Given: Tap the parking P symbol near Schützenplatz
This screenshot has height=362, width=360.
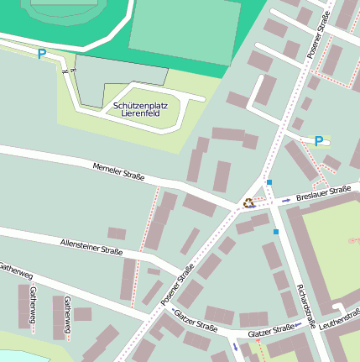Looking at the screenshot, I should [x=41, y=55].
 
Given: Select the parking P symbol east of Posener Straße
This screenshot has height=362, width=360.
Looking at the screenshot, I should [x=318, y=141].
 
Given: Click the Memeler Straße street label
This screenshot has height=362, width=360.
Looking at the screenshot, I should [x=119, y=171].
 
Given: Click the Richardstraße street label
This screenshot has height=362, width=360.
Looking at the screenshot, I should [x=305, y=306].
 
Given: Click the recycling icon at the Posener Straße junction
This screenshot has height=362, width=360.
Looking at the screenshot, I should [x=248, y=202].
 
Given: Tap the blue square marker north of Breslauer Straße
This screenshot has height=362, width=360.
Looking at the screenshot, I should [x=269, y=182].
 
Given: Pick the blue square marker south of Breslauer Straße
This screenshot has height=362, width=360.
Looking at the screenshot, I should [x=275, y=232].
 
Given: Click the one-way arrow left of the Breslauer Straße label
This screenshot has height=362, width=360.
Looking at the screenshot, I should [x=286, y=200].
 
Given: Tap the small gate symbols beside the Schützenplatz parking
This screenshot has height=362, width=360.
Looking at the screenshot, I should [x=68, y=74].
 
